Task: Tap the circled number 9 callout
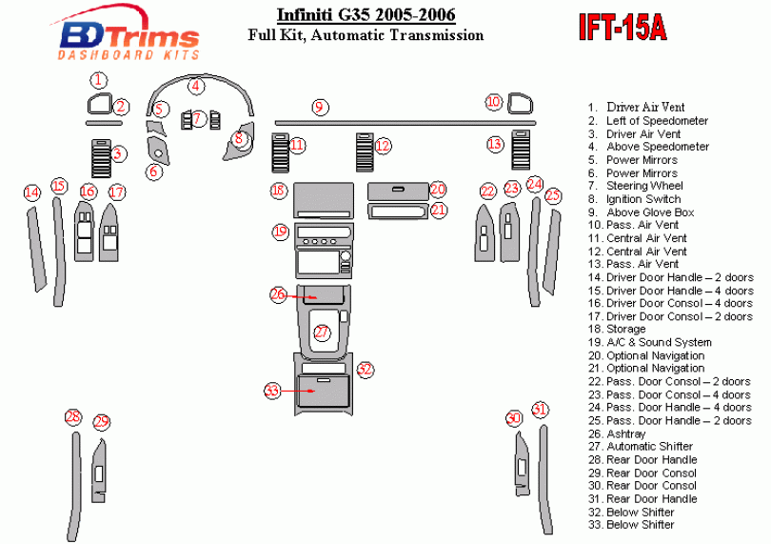pyautogui.click(x=320, y=107)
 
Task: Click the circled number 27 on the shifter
pyautogui.click(x=323, y=332)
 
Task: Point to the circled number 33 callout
pyautogui.click(x=273, y=391)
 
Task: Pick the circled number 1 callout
pyautogui.click(x=100, y=80)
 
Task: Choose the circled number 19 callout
pyautogui.click(x=279, y=231)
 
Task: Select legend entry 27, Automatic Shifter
pyautogui.click(x=649, y=446)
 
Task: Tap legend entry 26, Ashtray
pyautogui.click(x=625, y=433)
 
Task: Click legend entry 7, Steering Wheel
pyautogui.click(x=644, y=186)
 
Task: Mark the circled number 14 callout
pyautogui.click(x=32, y=192)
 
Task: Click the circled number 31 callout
pyautogui.click(x=540, y=410)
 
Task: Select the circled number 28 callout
pyautogui.click(x=73, y=416)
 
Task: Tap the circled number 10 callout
pyautogui.click(x=493, y=101)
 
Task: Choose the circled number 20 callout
pyautogui.click(x=437, y=190)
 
